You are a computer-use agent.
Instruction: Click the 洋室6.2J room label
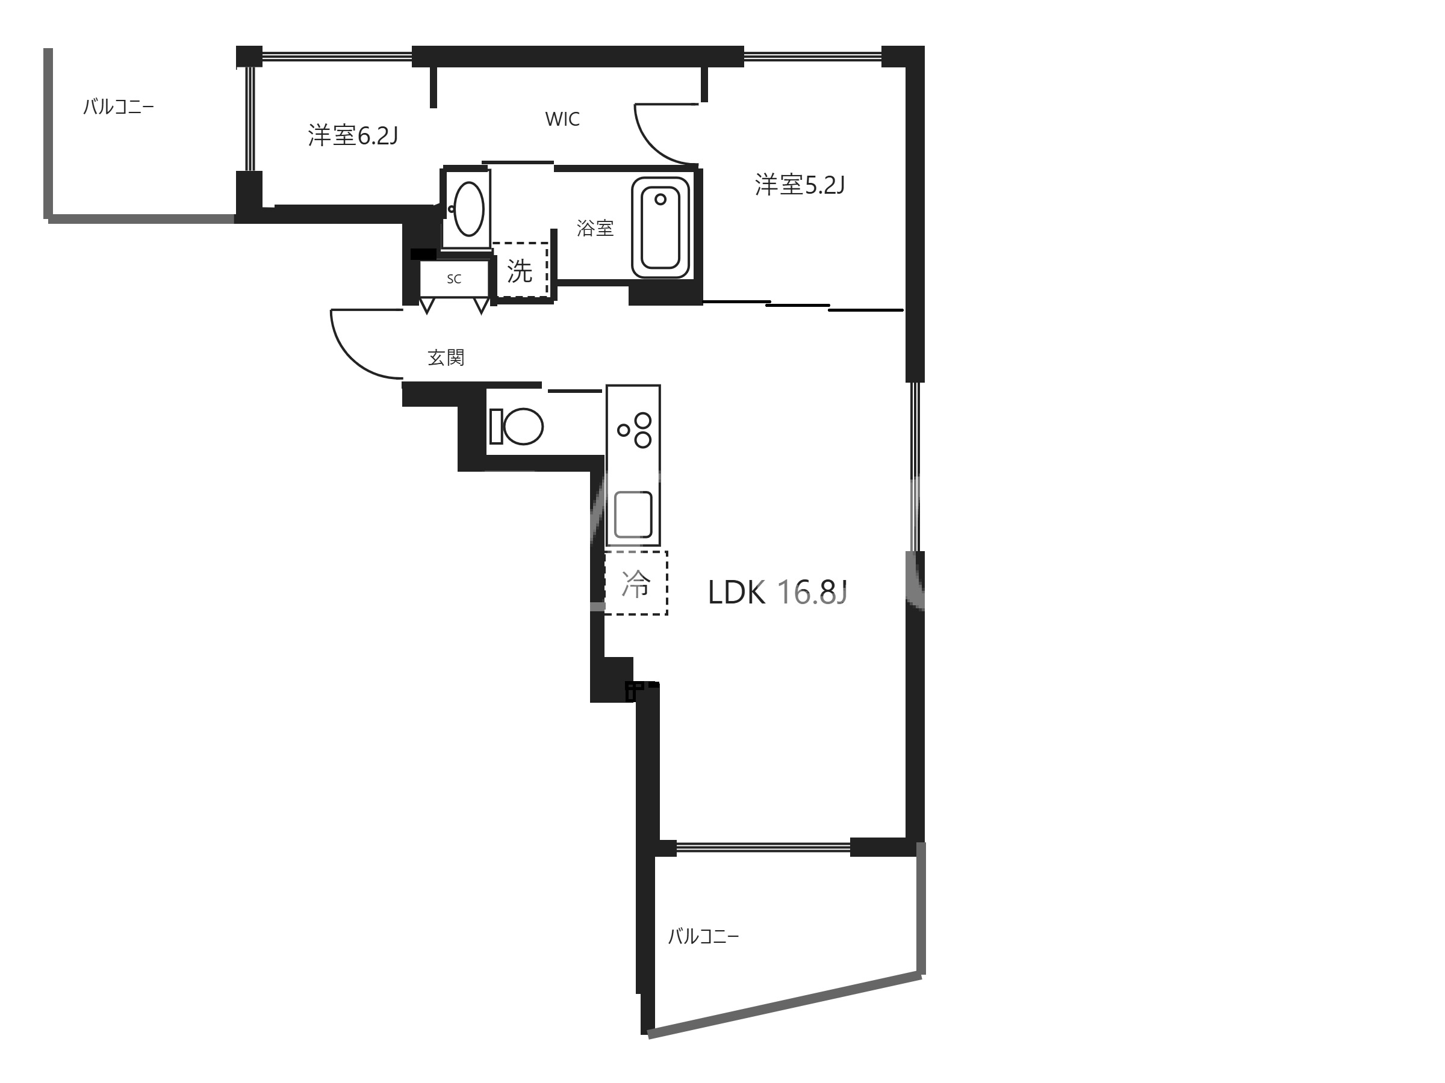coord(353,136)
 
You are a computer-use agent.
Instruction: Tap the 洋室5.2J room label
coord(800,185)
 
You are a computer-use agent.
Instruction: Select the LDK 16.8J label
coord(777,593)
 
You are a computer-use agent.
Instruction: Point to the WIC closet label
coord(562,119)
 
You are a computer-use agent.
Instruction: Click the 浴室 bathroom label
coord(595,228)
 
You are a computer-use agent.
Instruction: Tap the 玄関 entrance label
coord(446,358)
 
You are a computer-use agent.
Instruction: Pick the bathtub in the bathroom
coord(660,227)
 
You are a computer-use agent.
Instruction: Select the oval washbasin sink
coord(469,209)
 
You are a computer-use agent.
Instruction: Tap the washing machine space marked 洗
coord(520,270)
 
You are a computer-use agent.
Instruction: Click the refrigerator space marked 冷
coord(636,583)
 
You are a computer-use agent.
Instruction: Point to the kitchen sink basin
coord(633,514)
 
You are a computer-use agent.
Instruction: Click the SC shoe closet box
coord(454,279)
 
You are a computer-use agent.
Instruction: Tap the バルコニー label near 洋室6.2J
coord(118,107)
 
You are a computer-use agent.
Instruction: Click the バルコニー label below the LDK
coord(703,937)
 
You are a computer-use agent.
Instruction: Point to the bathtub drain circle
coord(660,199)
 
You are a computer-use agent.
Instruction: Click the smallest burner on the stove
coord(624,430)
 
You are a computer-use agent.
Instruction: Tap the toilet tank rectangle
coord(496,426)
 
